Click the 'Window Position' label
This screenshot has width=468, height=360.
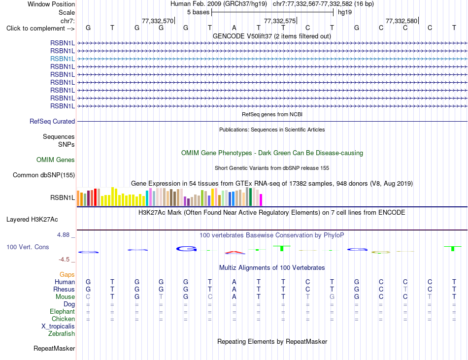coord(51,4)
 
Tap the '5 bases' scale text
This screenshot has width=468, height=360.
coord(198,12)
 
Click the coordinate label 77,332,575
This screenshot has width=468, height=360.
coord(280,21)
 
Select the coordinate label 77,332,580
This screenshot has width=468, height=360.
coord(401,21)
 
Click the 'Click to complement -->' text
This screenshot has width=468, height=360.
coord(40,29)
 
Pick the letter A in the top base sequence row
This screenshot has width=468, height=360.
coord(234,28)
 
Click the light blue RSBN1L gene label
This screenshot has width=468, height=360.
coord(63,59)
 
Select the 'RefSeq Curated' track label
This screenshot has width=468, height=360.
coord(52,121)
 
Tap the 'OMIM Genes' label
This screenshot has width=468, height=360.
coord(56,160)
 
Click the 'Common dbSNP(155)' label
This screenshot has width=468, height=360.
coord(43,175)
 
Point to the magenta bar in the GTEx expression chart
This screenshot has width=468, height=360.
coord(261,200)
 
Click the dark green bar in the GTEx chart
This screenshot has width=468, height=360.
coord(250,197)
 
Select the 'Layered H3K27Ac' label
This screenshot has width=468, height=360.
coord(32,220)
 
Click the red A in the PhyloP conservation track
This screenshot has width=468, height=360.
coord(234,253)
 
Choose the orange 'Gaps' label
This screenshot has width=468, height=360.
coord(67,274)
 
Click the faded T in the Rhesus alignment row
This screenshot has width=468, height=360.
coord(405,289)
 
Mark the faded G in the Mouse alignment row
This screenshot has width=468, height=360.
coord(332,297)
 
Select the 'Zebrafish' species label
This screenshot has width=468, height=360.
coord(62,334)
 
